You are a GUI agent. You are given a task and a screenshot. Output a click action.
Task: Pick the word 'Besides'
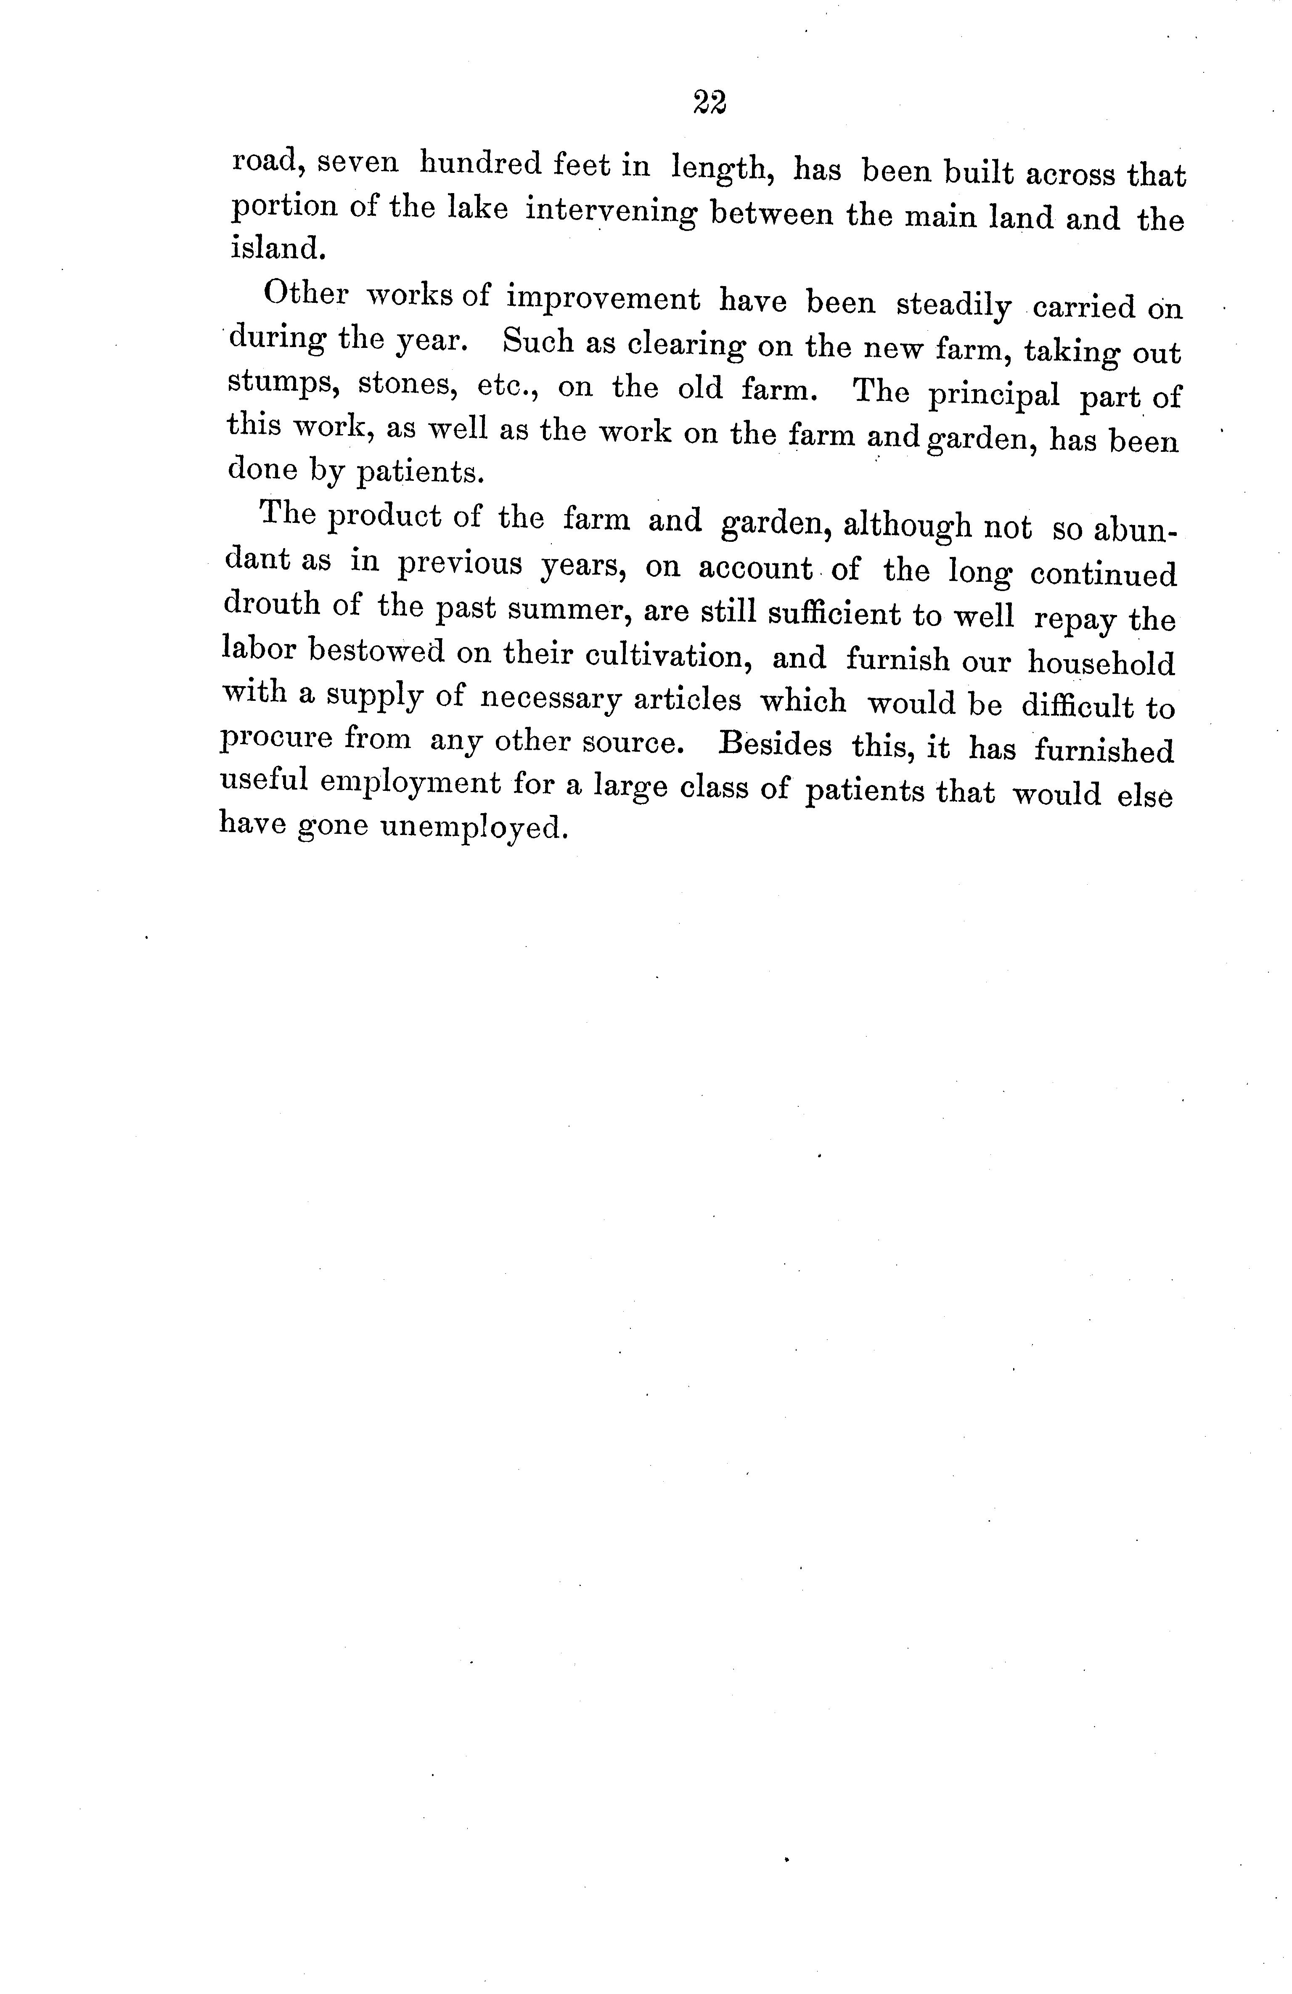tap(776, 744)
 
